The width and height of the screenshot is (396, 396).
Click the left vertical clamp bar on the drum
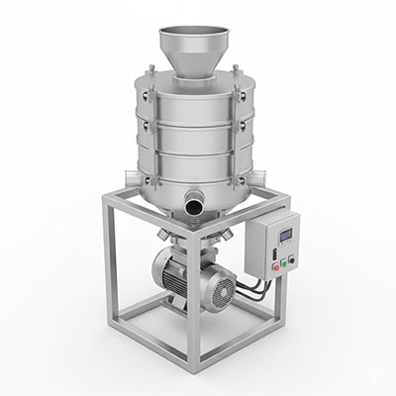tap(148, 129)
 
